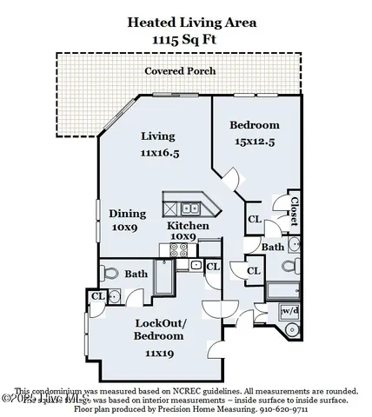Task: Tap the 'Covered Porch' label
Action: coord(180,70)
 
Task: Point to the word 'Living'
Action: coord(158,136)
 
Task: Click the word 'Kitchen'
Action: coord(188,226)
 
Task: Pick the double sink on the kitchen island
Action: coord(190,208)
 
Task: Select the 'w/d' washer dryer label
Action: coord(289,311)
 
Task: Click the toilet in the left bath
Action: coord(111,274)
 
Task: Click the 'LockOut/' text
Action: coord(159,322)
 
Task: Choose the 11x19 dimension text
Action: coord(159,353)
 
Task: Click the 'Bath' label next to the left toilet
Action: coord(136,275)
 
